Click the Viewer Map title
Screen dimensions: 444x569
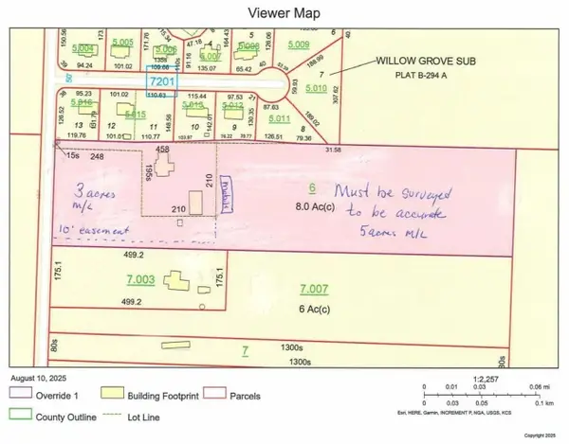tap(283, 13)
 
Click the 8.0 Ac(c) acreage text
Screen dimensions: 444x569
tap(312, 205)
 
